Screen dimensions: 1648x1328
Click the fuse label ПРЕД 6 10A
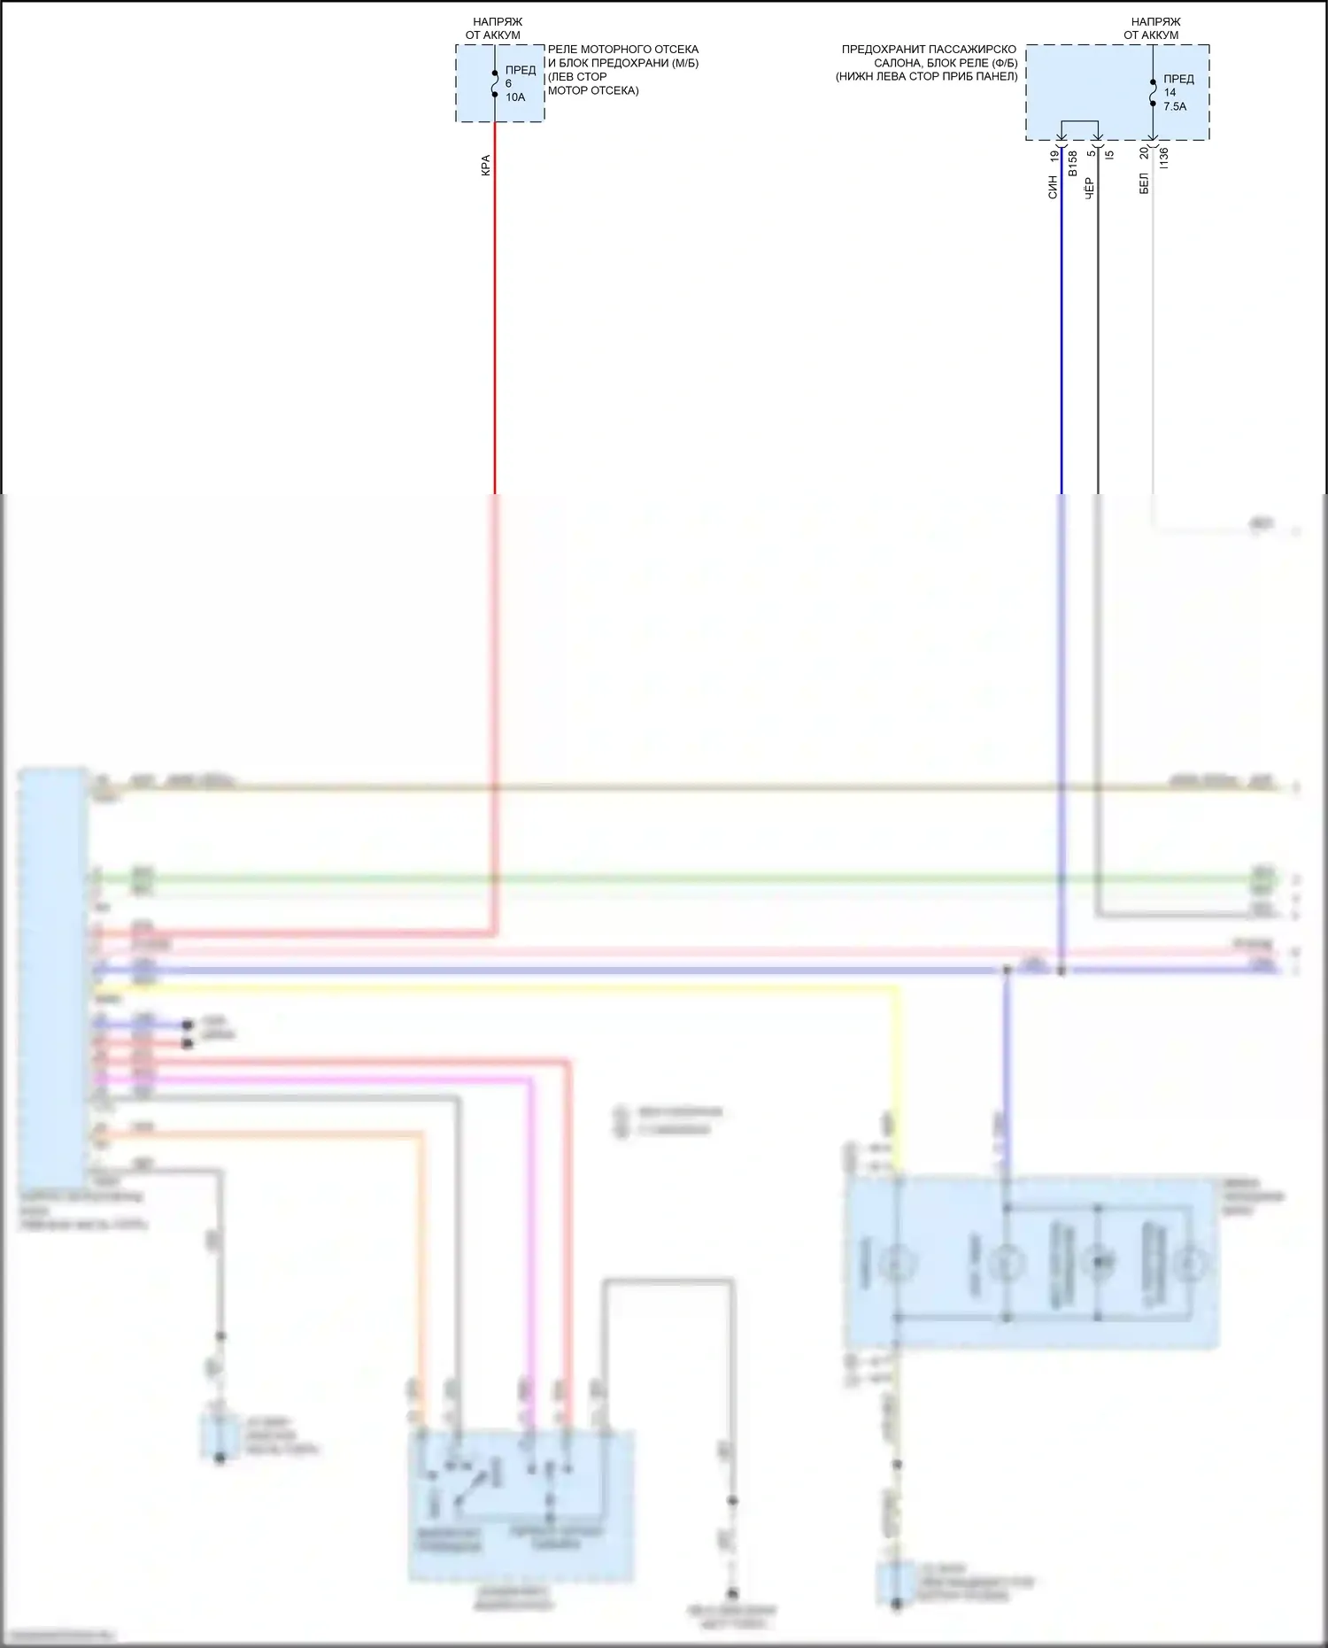[x=520, y=83]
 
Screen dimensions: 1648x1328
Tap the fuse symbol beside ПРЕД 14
[x=1153, y=92]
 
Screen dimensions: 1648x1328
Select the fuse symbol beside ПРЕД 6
[x=495, y=83]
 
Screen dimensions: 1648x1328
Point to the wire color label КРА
[x=485, y=166]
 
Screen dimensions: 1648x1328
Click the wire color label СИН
[x=1053, y=187]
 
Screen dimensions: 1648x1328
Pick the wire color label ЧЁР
[x=1089, y=187]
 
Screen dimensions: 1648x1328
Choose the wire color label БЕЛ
[x=1144, y=184]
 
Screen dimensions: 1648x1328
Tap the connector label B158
[x=1072, y=162]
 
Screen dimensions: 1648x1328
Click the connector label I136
[x=1164, y=159]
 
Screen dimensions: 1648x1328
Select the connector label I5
[x=1109, y=154]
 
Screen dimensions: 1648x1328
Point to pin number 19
[x=1054, y=156]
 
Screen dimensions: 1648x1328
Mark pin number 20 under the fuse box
[x=1144, y=152]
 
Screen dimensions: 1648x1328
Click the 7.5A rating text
[x=1175, y=106]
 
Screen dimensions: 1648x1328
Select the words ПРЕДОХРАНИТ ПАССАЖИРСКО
[x=929, y=50]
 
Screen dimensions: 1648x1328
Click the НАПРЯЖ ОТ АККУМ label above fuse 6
[x=495, y=28]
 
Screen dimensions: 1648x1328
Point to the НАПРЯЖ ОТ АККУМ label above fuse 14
[x=1153, y=28]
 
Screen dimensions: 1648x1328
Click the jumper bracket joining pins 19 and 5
[x=1079, y=121]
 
